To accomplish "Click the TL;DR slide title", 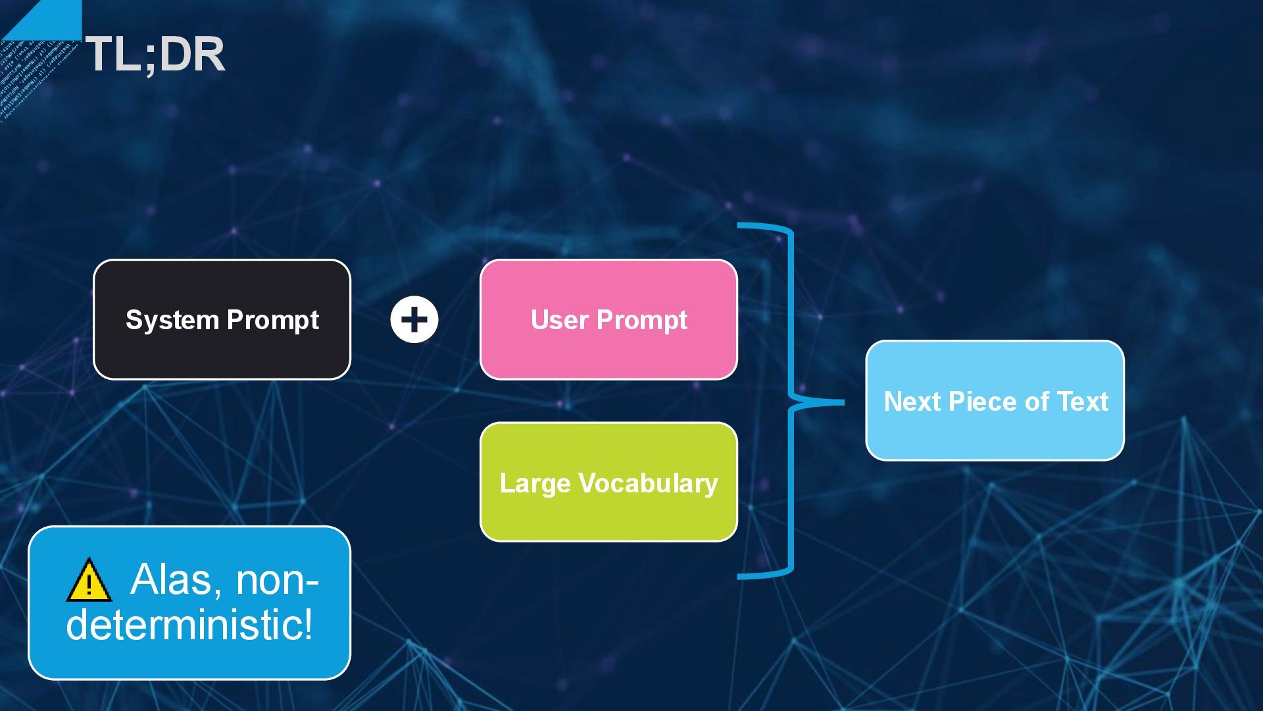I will click(x=155, y=54).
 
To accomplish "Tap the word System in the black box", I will click(x=172, y=321).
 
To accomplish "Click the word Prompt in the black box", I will click(x=273, y=321).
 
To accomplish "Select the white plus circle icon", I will click(x=414, y=320).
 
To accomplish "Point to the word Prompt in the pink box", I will click(x=641, y=321).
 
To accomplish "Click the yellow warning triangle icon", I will click(x=89, y=581).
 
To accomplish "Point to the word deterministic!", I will click(x=189, y=624).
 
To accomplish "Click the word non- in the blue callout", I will click(x=277, y=580).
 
